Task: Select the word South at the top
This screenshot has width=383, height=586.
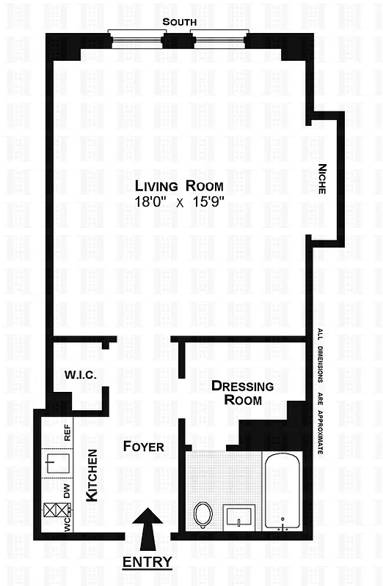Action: coord(180,23)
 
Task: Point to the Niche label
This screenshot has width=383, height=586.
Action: coord(322,179)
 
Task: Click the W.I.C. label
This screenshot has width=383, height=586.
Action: coord(81,375)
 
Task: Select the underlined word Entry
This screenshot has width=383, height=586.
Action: coord(147,563)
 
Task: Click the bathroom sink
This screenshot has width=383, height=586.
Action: coord(239,516)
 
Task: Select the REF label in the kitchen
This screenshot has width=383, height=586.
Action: coord(68,431)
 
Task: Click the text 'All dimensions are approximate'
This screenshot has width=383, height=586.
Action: coord(320,392)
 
